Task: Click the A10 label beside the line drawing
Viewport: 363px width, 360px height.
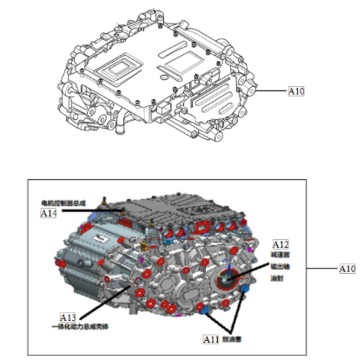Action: [x=298, y=89]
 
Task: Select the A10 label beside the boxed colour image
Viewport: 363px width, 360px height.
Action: [x=346, y=269]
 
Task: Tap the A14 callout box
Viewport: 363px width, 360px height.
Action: [x=49, y=213]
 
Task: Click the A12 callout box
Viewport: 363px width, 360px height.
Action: [x=281, y=245]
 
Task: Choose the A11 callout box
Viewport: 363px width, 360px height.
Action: [x=211, y=338]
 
